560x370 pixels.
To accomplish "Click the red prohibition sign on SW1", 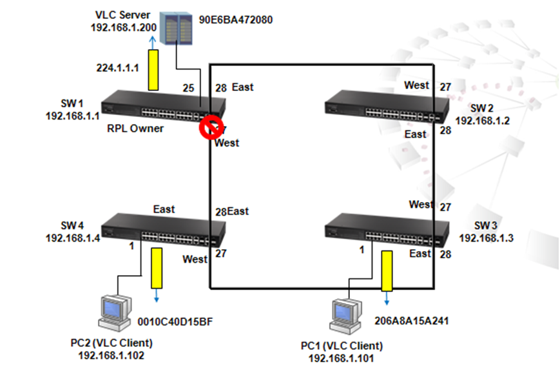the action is (x=211, y=127).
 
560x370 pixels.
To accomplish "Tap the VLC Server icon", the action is (x=176, y=28).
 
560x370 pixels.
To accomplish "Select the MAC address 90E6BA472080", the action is (x=236, y=19).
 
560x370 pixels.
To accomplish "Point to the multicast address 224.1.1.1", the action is (x=117, y=68).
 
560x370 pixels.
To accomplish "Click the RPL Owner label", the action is (x=135, y=128).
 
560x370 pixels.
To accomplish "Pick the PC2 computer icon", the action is (x=115, y=313).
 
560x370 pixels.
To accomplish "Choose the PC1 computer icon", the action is (x=345, y=316).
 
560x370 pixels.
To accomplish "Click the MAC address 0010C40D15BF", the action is (x=175, y=322).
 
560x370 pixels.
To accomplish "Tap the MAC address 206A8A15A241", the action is (x=411, y=321).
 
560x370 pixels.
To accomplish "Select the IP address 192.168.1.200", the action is (x=124, y=28).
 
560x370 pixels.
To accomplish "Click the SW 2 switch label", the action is (x=482, y=108).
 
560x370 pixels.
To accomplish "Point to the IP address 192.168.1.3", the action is (x=486, y=238).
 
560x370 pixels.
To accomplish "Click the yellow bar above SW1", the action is (x=153, y=70).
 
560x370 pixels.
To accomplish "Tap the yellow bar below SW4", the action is (x=157, y=268).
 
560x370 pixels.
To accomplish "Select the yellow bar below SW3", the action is (x=387, y=271).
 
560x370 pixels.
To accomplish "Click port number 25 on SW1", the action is (x=189, y=88).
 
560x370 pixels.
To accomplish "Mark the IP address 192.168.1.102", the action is (x=111, y=355).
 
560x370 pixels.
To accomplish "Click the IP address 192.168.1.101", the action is (x=342, y=358).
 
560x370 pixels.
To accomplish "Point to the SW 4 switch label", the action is (x=72, y=225).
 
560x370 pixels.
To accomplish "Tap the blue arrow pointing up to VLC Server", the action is (x=153, y=43).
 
